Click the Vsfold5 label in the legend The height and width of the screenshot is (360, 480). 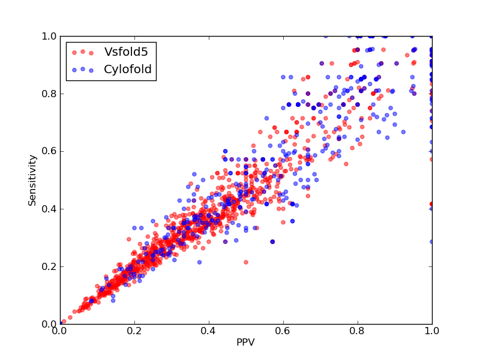pos(126,52)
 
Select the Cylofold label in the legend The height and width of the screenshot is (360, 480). pos(128,70)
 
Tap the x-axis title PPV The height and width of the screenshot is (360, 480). pos(245,342)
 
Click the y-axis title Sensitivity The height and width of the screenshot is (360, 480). pos(32,181)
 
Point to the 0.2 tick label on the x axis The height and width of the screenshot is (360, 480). pos(134,331)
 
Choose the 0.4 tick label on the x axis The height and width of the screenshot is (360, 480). pos(209,331)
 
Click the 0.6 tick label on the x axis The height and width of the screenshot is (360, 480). pos(283,331)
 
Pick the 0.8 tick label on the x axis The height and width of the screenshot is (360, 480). pos(358,331)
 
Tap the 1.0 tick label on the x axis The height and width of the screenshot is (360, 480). pos(432,331)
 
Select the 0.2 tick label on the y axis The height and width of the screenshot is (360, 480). pos(49,266)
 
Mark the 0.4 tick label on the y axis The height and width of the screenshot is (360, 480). pos(49,209)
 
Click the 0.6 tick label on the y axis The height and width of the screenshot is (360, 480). pos(49,152)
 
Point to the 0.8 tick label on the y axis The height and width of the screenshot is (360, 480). pos(49,94)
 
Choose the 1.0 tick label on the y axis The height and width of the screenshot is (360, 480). pos(49,36)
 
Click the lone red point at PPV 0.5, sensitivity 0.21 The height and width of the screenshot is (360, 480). pos(246,262)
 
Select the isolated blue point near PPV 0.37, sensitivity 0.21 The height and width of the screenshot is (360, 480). pos(200,262)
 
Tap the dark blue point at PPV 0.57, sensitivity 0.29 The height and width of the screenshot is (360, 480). pos(272,242)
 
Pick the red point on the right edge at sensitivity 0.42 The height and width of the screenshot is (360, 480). pos(431,204)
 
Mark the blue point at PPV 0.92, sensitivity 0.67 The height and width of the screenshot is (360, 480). pos(403,132)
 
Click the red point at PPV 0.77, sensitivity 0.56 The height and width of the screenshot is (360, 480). pos(346,164)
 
